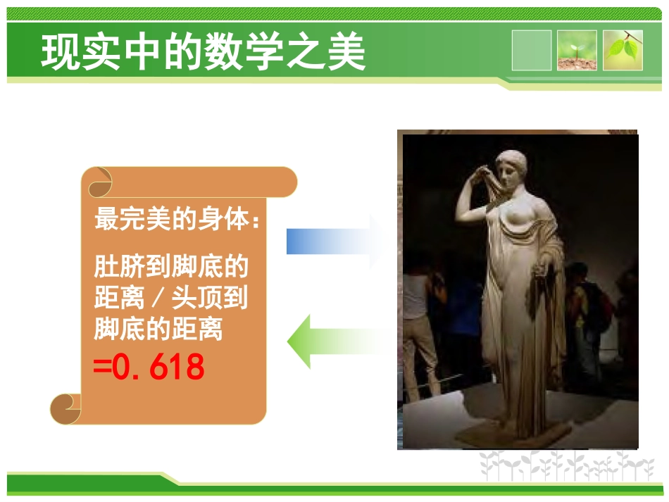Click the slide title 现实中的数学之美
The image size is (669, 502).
[x=204, y=52]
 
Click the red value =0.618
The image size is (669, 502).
[x=149, y=368]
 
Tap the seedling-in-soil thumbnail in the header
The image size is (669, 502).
[x=577, y=51]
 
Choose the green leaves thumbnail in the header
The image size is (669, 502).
[x=623, y=51]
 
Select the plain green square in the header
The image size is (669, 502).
[x=532, y=51]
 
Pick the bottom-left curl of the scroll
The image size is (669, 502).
[x=66, y=408]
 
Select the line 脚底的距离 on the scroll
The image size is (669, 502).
[x=158, y=329]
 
